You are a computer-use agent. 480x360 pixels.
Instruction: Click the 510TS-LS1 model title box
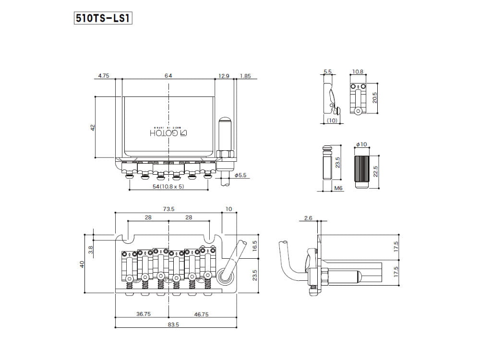(103, 18)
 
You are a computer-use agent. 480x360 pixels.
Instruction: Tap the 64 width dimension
(168, 76)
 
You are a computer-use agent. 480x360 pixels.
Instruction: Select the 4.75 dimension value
(104, 76)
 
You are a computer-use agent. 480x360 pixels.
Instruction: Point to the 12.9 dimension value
(224, 76)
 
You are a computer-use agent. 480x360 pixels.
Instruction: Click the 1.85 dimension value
(245, 76)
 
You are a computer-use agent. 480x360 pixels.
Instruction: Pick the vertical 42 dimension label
(93, 127)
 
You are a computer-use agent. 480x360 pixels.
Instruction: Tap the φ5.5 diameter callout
(240, 176)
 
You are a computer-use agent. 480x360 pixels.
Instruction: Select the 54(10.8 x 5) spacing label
(168, 186)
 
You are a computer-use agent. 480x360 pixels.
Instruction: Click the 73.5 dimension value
(168, 209)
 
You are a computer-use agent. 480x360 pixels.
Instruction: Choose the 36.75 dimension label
(144, 314)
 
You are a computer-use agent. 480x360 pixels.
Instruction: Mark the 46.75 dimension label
(201, 314)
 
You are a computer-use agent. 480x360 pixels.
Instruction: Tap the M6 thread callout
(338, 189)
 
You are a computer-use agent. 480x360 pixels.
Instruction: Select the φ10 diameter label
(361, 144)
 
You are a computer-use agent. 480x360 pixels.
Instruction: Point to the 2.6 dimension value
(308, 218)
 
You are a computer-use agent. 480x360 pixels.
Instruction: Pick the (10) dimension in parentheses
(331, 120)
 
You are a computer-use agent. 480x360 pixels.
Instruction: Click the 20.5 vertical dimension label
(375, 97)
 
